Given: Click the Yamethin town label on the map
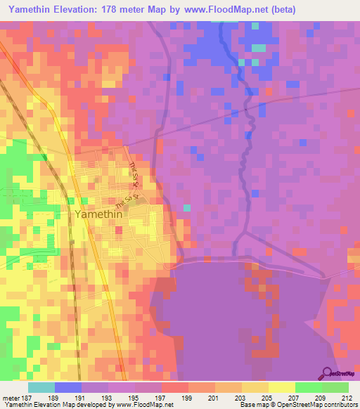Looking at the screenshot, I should [98, 216].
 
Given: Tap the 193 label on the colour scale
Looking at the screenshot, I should [108, 398].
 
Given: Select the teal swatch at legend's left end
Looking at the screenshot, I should [41, 387].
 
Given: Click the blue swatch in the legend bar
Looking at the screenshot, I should [68, 387].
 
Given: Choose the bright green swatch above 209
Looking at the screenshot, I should [308, 387].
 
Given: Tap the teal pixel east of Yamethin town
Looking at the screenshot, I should [187, 207].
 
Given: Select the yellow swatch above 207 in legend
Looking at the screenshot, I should [281, 387].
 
